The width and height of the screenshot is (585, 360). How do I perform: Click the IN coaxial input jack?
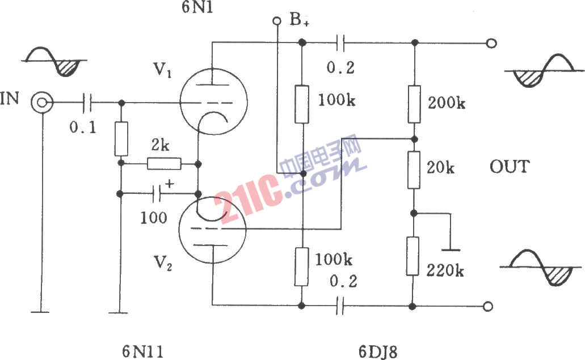coord(42,102)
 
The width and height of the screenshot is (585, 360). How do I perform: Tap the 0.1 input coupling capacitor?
coord(87,102)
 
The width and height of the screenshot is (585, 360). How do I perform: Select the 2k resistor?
coord(164,164)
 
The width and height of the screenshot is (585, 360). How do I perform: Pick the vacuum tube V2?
coord(212,230)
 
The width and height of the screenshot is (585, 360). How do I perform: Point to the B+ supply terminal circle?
coord(277,21)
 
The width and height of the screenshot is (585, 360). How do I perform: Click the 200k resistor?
coord(414,104)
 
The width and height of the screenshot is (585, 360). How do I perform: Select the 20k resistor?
coord(414,170)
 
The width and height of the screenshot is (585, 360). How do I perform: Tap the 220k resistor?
coord(413,256)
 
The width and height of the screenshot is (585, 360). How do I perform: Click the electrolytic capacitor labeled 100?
coord(158,194)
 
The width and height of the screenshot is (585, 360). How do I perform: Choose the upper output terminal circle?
coord(492,43)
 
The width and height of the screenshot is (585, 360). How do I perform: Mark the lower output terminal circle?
coord(487,306)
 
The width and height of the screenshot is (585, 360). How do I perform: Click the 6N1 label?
coord(197,7)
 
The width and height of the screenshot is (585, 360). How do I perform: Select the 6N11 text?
coord(143,351)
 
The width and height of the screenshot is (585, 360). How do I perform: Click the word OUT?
coord(510,167)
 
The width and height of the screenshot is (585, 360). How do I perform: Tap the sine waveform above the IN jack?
coord(54,61)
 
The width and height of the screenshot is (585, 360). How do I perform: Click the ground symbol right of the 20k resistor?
coord(451,249)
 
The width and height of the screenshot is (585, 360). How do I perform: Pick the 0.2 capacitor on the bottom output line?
coord(339,306)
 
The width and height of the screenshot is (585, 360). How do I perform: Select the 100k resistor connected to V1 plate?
coord(302,104)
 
